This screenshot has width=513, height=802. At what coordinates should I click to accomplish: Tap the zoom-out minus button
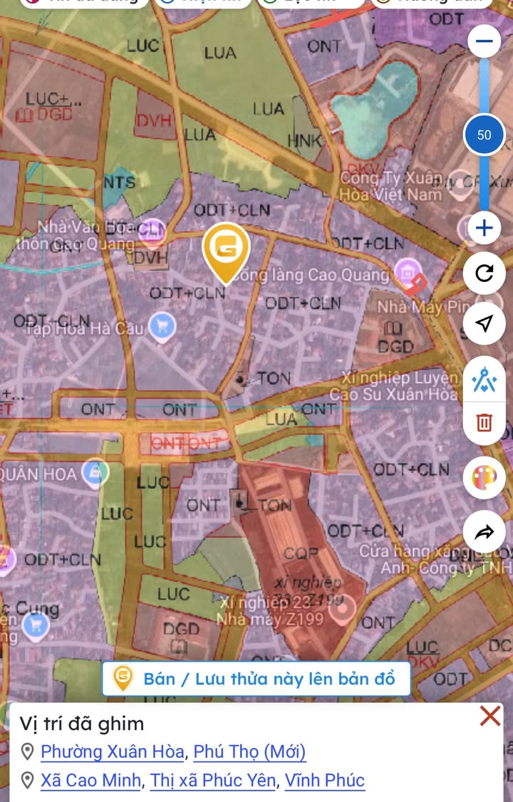[x=484, y=41]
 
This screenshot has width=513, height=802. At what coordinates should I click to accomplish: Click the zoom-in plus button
[x=484, y=229]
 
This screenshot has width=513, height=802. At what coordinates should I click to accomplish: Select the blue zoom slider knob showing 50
[x=484, y=135]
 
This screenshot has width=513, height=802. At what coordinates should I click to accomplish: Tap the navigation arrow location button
[x=484, y=324]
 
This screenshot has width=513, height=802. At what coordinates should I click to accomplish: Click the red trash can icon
[x=484, y=422]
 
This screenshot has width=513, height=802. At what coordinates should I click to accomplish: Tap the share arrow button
[x=484, y=532]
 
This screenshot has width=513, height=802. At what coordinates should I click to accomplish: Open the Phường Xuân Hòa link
[x=113, y=751]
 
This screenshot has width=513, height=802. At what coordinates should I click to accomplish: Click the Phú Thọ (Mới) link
[x=249, y=751]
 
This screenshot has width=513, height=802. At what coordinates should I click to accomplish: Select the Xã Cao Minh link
[x=90, y=781]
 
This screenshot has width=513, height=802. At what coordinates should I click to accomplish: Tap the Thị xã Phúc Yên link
[x=212, y=781]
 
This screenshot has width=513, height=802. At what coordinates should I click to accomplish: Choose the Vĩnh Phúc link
[x=325, y=781]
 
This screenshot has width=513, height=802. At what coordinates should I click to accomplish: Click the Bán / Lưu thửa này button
[x=256, y=679]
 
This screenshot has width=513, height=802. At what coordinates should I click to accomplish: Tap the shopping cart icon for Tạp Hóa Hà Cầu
[x=163, y=327]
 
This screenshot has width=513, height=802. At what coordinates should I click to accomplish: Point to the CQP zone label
[x=301, y=553]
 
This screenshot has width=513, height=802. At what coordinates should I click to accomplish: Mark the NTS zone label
[x=119, y=182]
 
